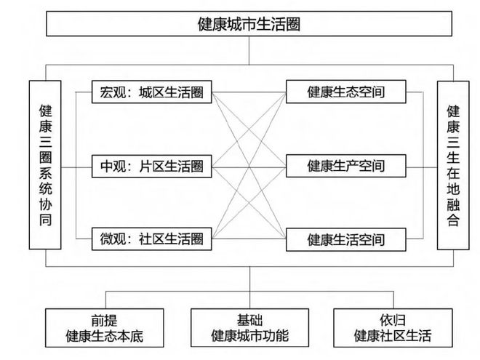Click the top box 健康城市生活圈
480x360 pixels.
point(249,23)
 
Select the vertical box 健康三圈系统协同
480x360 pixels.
point(45,164)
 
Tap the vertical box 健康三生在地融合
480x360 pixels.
point(453,165)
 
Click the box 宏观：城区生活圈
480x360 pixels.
point(151,92)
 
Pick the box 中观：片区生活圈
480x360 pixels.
point(151,167)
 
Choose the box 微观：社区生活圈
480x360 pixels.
point(151,239)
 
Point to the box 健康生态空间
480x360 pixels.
point(346,92)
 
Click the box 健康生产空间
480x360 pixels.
point(346,166)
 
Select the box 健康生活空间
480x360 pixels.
point(346,239)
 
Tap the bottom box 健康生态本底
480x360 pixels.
point(105,328)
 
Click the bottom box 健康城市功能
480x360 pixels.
point(249,328)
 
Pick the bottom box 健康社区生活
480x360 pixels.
point(393,328)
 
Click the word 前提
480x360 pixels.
point(105,321)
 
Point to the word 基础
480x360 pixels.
point(249,320)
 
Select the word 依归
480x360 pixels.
point(393,320)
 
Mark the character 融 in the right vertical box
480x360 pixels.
point(453,204)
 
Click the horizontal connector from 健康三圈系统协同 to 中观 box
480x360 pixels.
point(76,167)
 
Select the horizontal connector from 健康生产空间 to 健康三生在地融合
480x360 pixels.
point(422,167)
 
